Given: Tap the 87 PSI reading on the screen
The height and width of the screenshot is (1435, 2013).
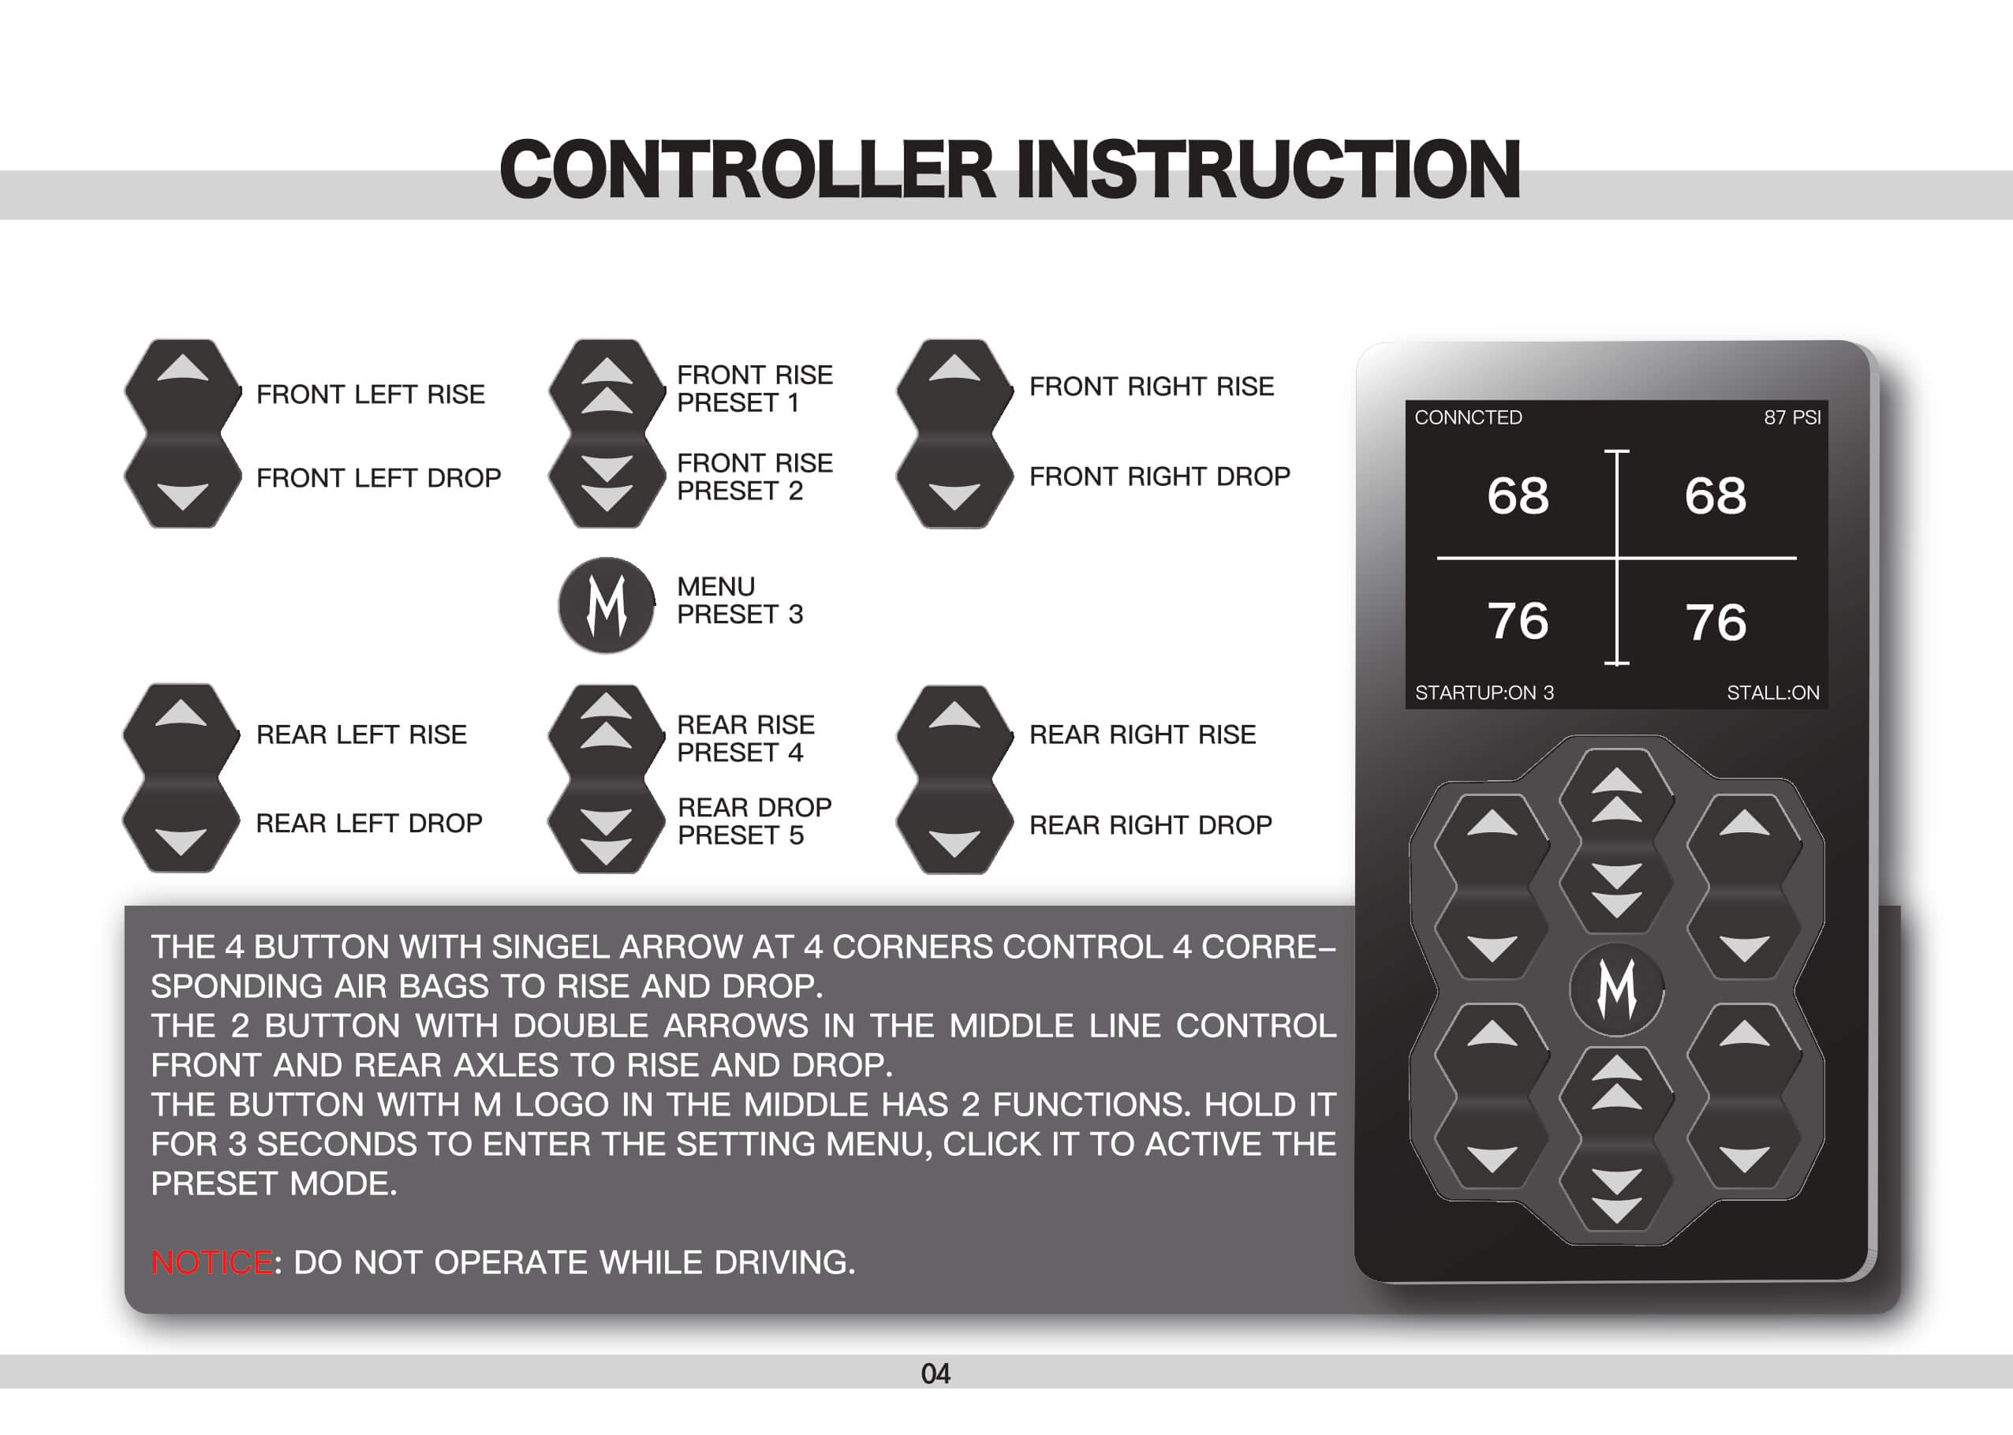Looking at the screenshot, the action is point(1792,417).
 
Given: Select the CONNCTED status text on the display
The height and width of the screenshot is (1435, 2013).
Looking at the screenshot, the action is point(1468,417).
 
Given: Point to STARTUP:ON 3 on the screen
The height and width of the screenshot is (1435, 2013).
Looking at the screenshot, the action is point(1484,693).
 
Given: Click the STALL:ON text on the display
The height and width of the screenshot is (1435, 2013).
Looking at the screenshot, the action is point(1772,693).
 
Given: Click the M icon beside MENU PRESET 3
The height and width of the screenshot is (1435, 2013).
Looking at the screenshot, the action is point(607,605).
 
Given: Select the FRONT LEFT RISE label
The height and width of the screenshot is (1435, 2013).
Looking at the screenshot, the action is point(370,394).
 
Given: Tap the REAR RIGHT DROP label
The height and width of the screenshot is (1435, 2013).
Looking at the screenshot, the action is point(1150,825).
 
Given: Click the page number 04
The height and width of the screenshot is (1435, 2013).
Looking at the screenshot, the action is point(936,1374).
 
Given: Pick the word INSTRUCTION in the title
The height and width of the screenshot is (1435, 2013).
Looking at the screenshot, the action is point(1268,170).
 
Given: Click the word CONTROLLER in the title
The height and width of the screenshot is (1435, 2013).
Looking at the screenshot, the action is point(747,170).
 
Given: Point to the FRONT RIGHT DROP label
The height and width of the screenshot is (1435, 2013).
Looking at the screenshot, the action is point(1160,477).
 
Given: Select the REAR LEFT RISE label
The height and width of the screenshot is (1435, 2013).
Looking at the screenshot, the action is point(361,734).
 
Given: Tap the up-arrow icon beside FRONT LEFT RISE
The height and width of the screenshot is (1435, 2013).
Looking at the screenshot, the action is point(183,369).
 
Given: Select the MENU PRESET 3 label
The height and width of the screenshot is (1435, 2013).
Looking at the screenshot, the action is point(740,600).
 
